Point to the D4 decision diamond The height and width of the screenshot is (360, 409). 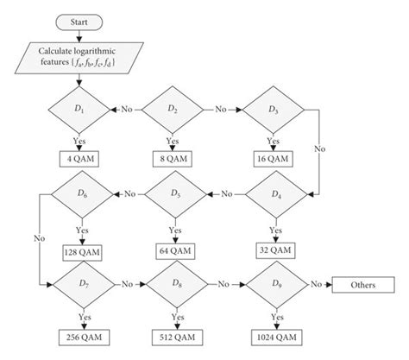[x=274, y=194]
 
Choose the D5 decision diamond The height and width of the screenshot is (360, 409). [x=175, y=194]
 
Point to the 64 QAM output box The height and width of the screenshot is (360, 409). [x=175, y=250]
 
